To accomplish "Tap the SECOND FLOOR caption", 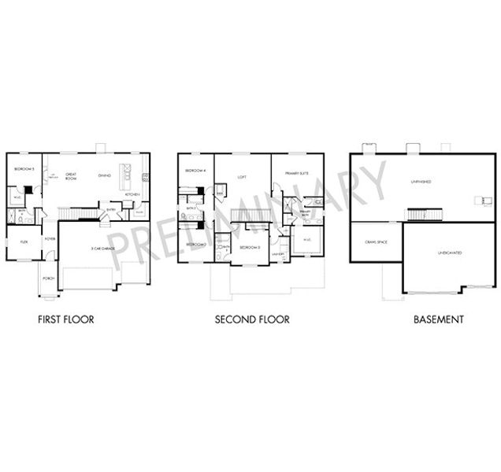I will pos(252,320).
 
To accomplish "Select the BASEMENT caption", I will pos(440,320).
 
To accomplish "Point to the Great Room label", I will pos(71,176).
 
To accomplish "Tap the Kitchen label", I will pos(132,194).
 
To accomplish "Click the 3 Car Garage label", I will pos(104,248).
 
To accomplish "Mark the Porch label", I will pos(49,278).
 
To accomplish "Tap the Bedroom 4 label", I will pos(195,171).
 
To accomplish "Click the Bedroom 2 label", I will pos(195,245).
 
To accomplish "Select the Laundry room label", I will pos(277,254).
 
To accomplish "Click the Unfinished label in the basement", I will pos(421,182).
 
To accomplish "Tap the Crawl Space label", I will pos(375,242).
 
